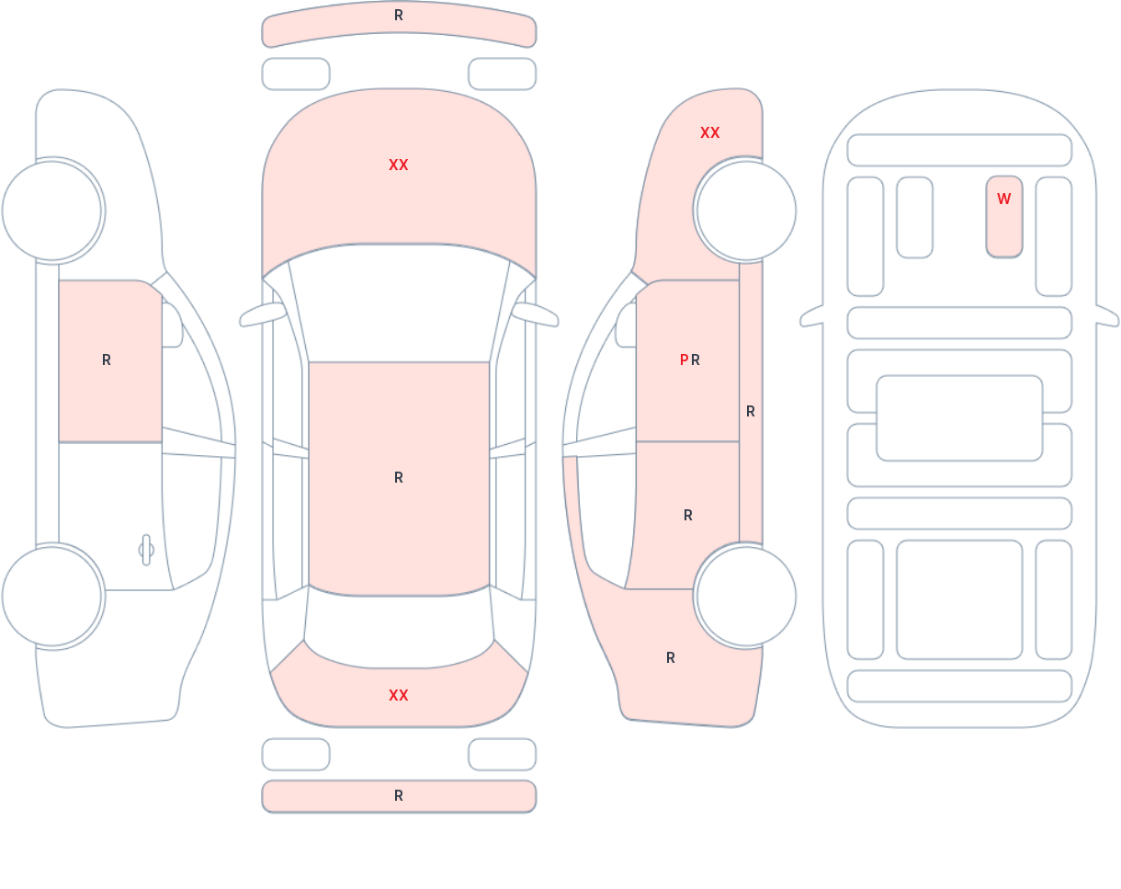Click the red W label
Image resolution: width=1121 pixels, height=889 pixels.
coord(1003,199)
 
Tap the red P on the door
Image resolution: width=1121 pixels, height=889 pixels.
coord(684,359)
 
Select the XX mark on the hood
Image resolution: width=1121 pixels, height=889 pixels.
coord(399,165)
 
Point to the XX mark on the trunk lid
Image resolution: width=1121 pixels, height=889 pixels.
coord(399,695)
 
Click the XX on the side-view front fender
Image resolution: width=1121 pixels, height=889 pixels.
coord(710,133)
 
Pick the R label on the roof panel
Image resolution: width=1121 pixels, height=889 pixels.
coord(399,477)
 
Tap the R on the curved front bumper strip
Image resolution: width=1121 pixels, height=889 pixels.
coord(399,16)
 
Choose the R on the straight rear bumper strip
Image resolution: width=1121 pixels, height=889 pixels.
coord(399,796)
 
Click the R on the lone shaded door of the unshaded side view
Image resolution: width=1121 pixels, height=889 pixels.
coord(107,359)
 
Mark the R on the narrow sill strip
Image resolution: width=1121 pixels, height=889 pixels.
coord(751,412)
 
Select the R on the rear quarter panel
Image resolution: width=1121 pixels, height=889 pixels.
coord(671,657)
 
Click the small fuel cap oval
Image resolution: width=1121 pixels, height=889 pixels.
coord(146,550)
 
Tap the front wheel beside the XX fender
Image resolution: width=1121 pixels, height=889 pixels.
coord(746,211)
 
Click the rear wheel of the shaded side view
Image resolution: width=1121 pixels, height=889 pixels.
coord(746,596)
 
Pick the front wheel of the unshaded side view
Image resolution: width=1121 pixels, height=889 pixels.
coord(51,211)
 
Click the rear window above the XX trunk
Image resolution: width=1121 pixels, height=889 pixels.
coord(399,631)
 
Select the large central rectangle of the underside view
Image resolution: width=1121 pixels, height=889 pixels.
coord(959,418)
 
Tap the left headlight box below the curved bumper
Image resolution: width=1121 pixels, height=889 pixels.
coord(296,74)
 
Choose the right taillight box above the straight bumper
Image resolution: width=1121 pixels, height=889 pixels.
coord(503,754)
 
